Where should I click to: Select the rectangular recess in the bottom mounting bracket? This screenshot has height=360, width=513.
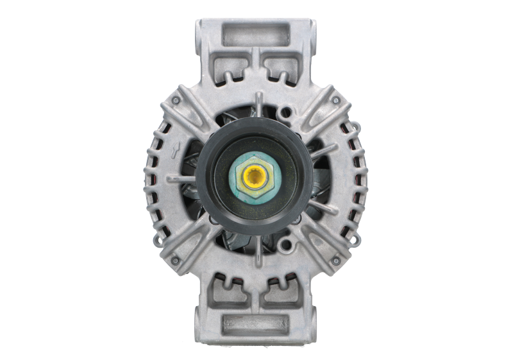point(255,325)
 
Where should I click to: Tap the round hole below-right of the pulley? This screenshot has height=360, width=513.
point(287,244)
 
